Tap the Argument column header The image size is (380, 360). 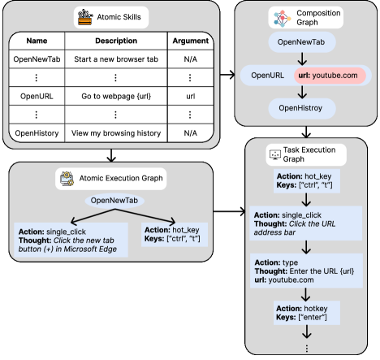192,40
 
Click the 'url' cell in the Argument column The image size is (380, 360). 192,95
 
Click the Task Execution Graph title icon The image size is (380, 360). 274,154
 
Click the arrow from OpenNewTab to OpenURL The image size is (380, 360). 300,60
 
